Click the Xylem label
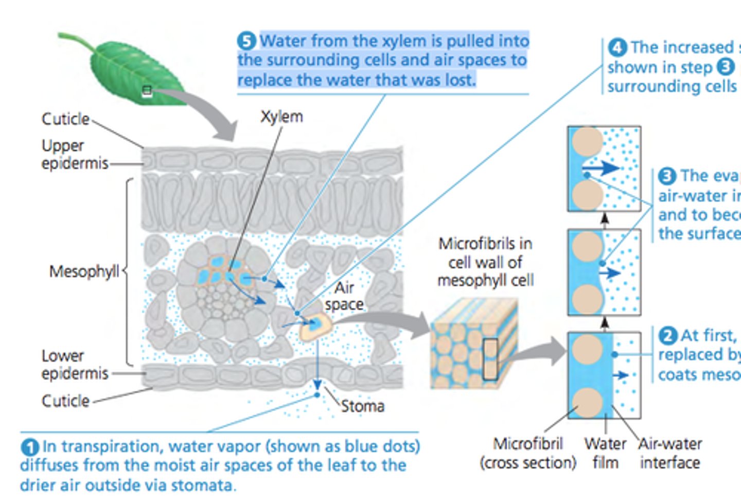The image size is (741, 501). click(x=281, y=117)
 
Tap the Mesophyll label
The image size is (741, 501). click(x=84, y=271)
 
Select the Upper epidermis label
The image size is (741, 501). click(x=75, y=154)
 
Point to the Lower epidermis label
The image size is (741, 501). click(x=75, y=365)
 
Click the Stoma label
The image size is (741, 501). click(x=362, y=406)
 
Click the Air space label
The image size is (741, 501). click(x=344, y=296)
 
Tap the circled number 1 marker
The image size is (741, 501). click(x=30, y=446)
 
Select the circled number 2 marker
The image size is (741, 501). click(x=667, y=336)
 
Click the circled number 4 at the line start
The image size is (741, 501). click(x=617, y=48)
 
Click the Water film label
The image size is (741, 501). click(x=605, y=453)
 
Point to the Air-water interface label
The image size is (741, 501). click(x=670, y=453)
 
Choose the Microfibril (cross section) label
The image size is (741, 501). click(x=528, y=453)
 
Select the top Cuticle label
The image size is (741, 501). click(x=65, y=119)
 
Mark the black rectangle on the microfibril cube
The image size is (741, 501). click(x=490, y=359)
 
